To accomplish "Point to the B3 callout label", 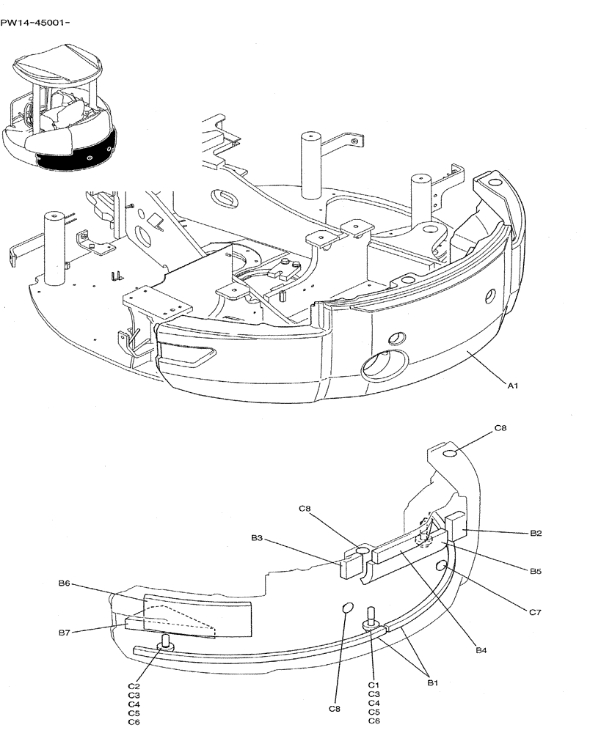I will tap(257, 538).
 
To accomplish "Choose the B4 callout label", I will tap(481, 649).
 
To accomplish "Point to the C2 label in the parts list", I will tap(134, 685).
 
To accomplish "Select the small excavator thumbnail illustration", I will tap(60, 106).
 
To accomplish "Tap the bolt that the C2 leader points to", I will tap(165, 643).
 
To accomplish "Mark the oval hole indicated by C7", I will tap(442, 567).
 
